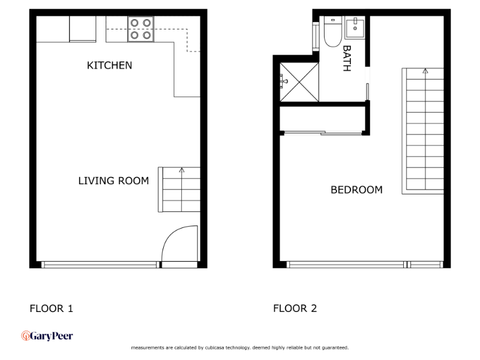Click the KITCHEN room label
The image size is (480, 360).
(x=109, y=65)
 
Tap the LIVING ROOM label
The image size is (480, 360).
(x=113, y=181)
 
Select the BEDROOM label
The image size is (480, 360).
(x=356, y=190)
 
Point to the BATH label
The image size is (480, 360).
(x=346, y=58)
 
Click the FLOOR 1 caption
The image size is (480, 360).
(x=51, y=309)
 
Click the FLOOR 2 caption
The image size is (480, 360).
(x=295, y=309)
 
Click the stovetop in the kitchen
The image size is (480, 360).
(x=140, y=29)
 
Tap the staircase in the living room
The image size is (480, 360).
(x=179, y=190)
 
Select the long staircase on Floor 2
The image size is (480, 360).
(x=424, y=131)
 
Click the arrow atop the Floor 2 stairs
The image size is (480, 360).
(x=425, y=71)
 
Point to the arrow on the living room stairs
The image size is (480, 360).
(x=181, y=170)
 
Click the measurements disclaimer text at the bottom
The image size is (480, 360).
(x=239, y=347)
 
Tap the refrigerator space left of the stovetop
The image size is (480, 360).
(x=83, y=29)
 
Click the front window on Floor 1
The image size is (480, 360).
(x=100, y=264)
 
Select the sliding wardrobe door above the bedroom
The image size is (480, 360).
(x=322, y=133)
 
